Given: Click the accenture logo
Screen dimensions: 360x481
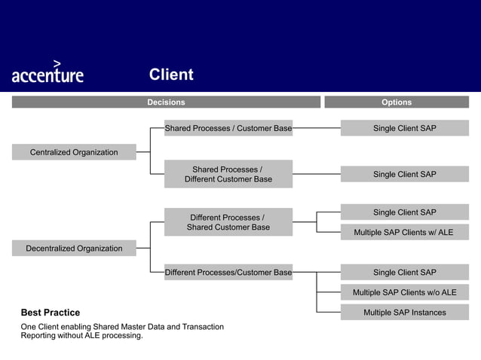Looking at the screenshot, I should click(x=47, y=73).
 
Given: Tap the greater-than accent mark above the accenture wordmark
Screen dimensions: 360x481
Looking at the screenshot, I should click(x=57, y=63).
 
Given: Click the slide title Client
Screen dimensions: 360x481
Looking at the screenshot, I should click(x=171, y=75).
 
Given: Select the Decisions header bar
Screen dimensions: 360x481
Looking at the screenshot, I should click(x=166, y=102).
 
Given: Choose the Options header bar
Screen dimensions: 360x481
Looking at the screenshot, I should click(x=397, y=102).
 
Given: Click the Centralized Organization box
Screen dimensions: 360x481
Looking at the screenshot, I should click(x=74, y=152).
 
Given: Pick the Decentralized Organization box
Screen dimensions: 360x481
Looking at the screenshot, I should click(x=74, y=249).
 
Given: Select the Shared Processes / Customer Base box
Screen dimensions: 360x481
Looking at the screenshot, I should click(x=228, y=128).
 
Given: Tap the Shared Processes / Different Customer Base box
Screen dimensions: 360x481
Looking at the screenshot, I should click(x=228, y=174).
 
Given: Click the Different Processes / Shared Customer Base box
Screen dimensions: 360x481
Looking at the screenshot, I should click(x=228, y=222).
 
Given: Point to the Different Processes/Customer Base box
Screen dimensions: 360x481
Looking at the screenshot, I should click(x=228, y=272).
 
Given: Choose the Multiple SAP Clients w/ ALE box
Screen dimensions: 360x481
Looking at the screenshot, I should click(x=404, y=232).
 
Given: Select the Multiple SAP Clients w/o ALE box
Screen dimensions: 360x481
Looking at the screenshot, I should click(x=404, y=292).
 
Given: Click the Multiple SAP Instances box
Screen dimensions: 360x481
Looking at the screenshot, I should click(x=404, y=313).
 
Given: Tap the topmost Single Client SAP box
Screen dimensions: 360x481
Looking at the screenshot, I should click(x=404, y=128).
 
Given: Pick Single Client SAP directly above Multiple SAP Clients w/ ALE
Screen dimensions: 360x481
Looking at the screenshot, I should click(x=404, y=212).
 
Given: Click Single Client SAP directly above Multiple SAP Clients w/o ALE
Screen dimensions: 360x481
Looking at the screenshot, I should click(x=404, y=272).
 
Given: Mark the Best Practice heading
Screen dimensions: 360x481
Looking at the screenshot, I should click(x=51, y=313).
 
